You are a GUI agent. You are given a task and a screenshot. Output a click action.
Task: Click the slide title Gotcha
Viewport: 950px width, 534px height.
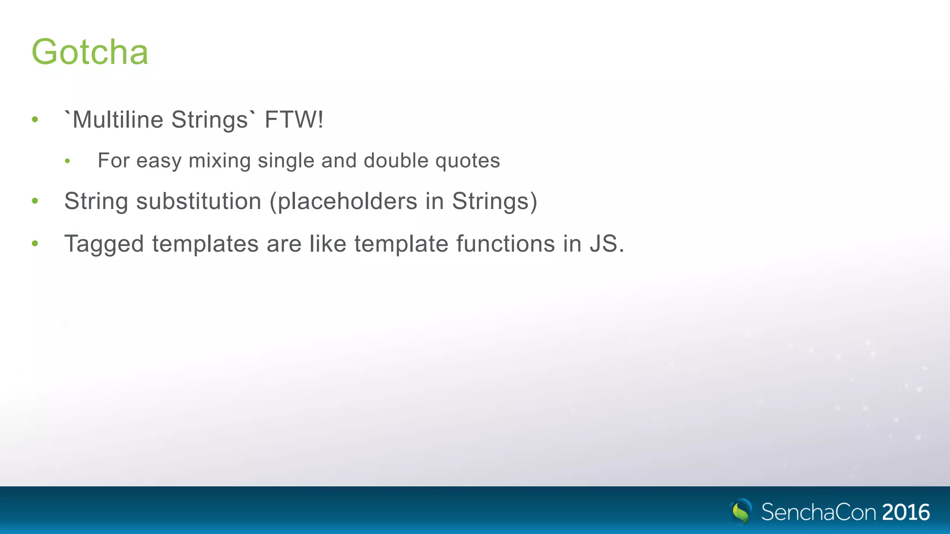click(90, 52)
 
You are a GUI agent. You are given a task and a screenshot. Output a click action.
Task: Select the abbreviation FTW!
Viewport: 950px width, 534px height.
click(294, 120)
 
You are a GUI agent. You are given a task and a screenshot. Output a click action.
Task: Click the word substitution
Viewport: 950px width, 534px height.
click(199, 201)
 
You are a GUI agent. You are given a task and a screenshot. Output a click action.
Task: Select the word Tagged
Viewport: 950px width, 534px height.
click(104, 244)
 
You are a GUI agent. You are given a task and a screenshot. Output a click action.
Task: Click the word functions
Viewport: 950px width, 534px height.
click(505, 243)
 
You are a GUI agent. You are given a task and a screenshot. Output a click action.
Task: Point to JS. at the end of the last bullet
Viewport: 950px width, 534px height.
click(607, 243)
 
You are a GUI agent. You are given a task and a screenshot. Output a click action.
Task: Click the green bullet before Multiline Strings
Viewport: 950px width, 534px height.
click(35, 120)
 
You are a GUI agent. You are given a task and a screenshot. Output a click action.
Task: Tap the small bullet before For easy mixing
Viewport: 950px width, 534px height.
click(68, 161)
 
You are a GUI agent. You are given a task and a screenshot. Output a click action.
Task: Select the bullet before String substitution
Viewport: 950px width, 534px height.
click(35, 201)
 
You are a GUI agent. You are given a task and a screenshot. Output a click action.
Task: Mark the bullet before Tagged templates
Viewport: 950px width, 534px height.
click(35, 243)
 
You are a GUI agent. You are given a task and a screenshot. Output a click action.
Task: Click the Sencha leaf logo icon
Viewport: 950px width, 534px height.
click(741, 511)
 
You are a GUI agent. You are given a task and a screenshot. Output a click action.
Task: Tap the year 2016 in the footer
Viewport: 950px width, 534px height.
click(905, 512)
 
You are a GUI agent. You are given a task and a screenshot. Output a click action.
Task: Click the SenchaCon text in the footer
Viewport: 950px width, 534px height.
click(819, 512)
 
